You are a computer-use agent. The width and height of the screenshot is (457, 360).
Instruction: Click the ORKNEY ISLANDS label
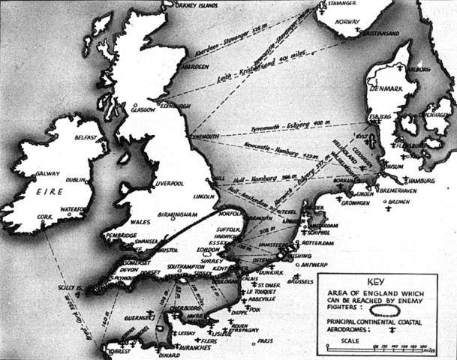click(x=182, y=5)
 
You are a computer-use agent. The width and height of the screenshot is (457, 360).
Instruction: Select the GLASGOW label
click(x=141, y=109)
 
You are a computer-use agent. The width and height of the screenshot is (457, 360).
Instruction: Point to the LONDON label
click(x=207, y=250)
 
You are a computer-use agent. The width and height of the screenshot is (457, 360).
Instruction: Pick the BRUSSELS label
click(x=300, y=285)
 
